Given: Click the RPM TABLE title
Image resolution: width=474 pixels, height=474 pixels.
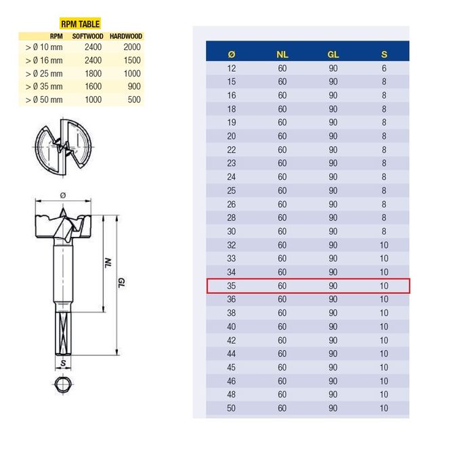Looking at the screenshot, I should (x=80, y=24).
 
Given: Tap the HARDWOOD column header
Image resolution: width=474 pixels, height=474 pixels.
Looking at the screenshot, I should (x=127, y=36).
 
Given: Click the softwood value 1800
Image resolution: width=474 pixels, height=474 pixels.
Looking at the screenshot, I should (x=93, y=74).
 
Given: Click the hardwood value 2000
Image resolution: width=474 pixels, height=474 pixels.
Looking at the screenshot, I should (x=134, y=48).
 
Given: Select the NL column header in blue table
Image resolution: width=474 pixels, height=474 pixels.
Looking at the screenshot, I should (x=282, y=53).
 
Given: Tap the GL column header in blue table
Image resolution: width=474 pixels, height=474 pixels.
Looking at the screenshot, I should (x=333, y=53).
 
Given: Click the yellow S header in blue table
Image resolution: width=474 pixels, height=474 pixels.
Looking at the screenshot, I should (x=384, y=53).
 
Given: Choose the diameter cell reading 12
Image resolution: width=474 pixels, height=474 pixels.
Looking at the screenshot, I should (x=232, y=68).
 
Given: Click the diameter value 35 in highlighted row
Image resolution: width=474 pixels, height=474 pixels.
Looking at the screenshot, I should (x=232, y=286).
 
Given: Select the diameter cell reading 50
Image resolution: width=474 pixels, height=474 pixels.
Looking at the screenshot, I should (x=232, y=408).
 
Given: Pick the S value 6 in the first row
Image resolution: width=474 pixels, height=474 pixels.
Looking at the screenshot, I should (x=384, y=68).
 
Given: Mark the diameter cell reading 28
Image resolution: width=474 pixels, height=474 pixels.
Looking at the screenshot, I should (x=232, y=217).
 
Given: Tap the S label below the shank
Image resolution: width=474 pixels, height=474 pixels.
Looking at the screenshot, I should (x=62, y=363).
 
